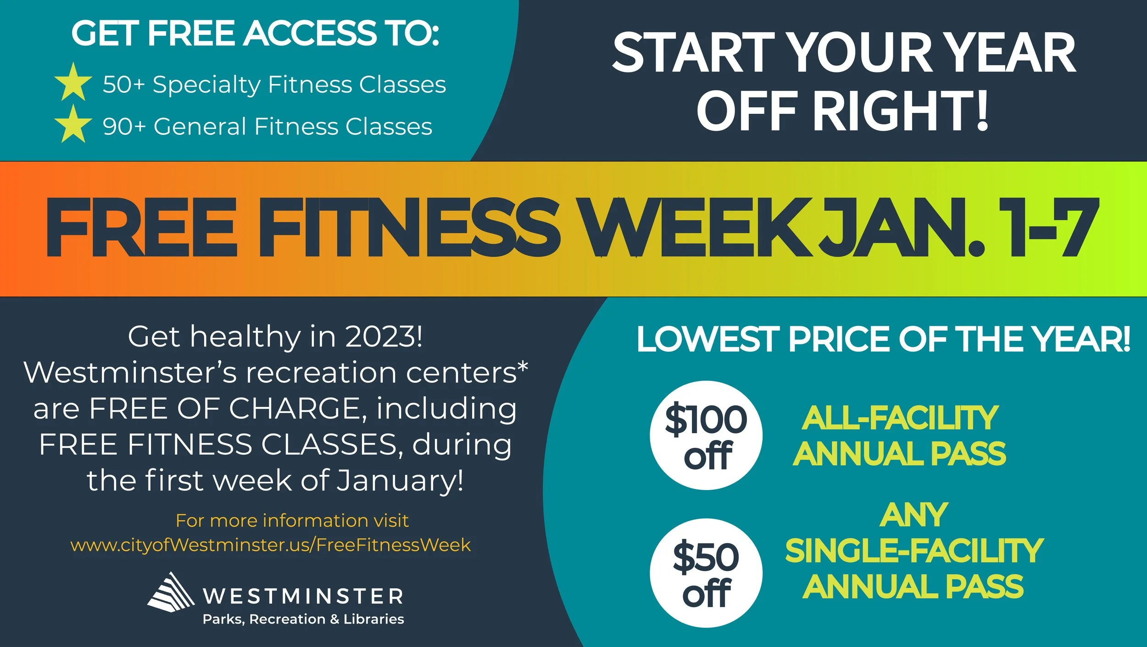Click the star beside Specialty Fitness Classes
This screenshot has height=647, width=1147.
[73, 83]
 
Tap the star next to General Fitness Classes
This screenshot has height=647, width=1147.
[73, 124]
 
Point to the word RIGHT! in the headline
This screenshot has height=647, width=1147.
[901, 110]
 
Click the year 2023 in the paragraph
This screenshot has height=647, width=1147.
[383, 337]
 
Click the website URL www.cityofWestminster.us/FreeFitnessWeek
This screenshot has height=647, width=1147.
[271, 545]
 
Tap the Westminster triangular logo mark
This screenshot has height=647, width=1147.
[171, 592]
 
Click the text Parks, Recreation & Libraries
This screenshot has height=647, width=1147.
[303, 619]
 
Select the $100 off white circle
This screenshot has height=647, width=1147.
[706, 435]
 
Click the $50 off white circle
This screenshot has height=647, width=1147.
[706, 573]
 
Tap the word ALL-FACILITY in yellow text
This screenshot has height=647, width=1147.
[900, 418]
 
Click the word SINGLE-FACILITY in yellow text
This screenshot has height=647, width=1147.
[914, 551]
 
